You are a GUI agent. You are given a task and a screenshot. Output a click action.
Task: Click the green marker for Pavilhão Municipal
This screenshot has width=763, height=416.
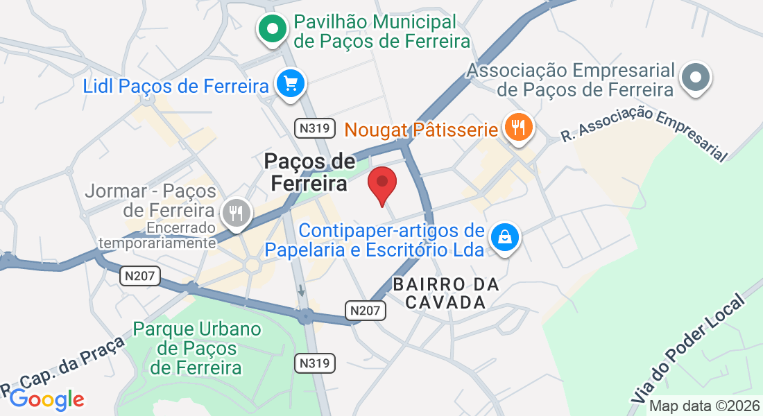click(273, 30)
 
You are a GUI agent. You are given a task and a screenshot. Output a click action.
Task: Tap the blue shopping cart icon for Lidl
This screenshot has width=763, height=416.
click(289, 85)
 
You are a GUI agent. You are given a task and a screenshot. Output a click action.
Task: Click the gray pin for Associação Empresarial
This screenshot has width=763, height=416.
click(696, 77)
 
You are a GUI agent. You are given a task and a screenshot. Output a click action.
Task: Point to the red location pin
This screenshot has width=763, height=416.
click(381, 183)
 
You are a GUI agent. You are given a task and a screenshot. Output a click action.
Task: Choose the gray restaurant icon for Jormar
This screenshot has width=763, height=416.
click(237, 213)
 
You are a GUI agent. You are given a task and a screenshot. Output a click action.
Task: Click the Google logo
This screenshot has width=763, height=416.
click(46, 399)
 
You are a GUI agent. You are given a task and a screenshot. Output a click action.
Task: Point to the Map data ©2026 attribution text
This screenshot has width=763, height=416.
click(704, 406)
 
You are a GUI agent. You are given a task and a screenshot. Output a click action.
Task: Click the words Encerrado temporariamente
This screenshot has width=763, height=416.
click(157, 235)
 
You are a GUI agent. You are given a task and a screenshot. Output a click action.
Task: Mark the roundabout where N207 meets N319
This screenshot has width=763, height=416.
click(305, 317)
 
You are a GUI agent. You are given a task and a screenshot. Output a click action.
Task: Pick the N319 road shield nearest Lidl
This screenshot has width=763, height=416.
click(311, 128)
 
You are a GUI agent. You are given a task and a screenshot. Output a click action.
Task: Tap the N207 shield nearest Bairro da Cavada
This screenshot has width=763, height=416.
click(366, 310)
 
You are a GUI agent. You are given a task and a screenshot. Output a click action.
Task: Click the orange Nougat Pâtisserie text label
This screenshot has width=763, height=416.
click(422, 129)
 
